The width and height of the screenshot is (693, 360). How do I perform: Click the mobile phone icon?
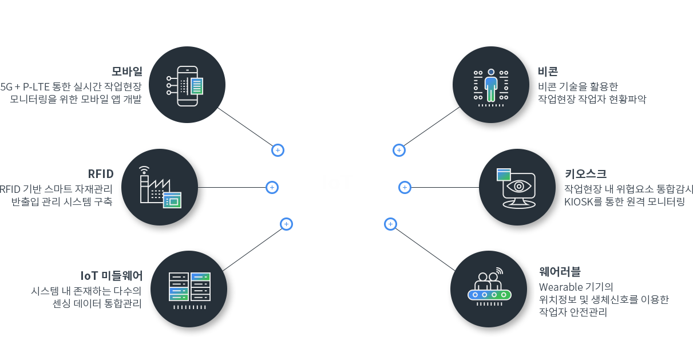tap(187, 86)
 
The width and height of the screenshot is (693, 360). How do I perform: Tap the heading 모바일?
tap(126, 72)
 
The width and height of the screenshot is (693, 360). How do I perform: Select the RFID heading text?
tap(101, 174)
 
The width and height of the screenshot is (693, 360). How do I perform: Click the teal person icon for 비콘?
tap(490, 85)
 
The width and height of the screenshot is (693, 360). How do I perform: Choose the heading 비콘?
tap(548, 72)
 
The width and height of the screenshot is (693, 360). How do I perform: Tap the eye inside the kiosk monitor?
tap(518, 187)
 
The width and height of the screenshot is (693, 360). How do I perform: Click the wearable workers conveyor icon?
tap(488, 286)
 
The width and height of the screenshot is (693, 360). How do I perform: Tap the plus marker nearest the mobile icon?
tap(278, 151)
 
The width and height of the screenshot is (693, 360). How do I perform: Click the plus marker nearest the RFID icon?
tap(272, 187)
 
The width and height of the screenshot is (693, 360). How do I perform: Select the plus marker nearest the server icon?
tap(286, 224)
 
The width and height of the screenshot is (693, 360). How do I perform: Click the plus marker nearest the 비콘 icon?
tap(399, 151)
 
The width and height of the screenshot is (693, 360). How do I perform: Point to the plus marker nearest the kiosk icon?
tap(405, 187)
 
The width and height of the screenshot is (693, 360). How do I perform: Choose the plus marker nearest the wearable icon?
tap(390, 224)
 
